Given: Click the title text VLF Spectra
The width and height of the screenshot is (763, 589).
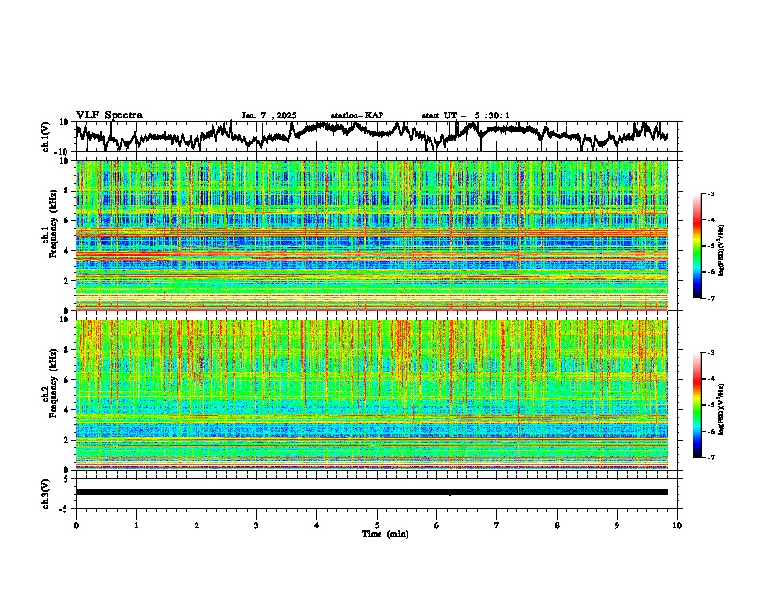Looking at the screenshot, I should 109,115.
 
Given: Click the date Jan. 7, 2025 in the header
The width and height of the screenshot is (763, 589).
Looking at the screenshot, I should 272,115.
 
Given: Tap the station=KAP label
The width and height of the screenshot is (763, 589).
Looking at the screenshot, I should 357,115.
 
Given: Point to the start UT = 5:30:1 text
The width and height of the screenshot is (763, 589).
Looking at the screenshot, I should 465,115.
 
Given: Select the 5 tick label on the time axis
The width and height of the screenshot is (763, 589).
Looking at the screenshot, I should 377,525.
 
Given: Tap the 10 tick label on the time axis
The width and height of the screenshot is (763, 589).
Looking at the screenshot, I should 677,525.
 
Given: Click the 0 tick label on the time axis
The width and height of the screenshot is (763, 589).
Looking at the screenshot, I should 76,525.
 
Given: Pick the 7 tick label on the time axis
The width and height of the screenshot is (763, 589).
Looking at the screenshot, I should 497,525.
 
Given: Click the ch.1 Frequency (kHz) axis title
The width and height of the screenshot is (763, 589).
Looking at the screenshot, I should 50,236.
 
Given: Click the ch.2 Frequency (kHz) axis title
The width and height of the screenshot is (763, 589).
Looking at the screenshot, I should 50,395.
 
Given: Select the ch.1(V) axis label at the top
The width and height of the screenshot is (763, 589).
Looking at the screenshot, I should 46,137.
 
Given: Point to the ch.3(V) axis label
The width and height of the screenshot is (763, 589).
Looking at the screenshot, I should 46,492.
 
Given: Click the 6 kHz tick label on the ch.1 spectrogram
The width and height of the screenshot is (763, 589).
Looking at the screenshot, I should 66,220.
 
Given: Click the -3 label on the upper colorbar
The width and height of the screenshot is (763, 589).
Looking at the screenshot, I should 710,194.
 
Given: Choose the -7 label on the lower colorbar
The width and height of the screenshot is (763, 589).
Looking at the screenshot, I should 710,458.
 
